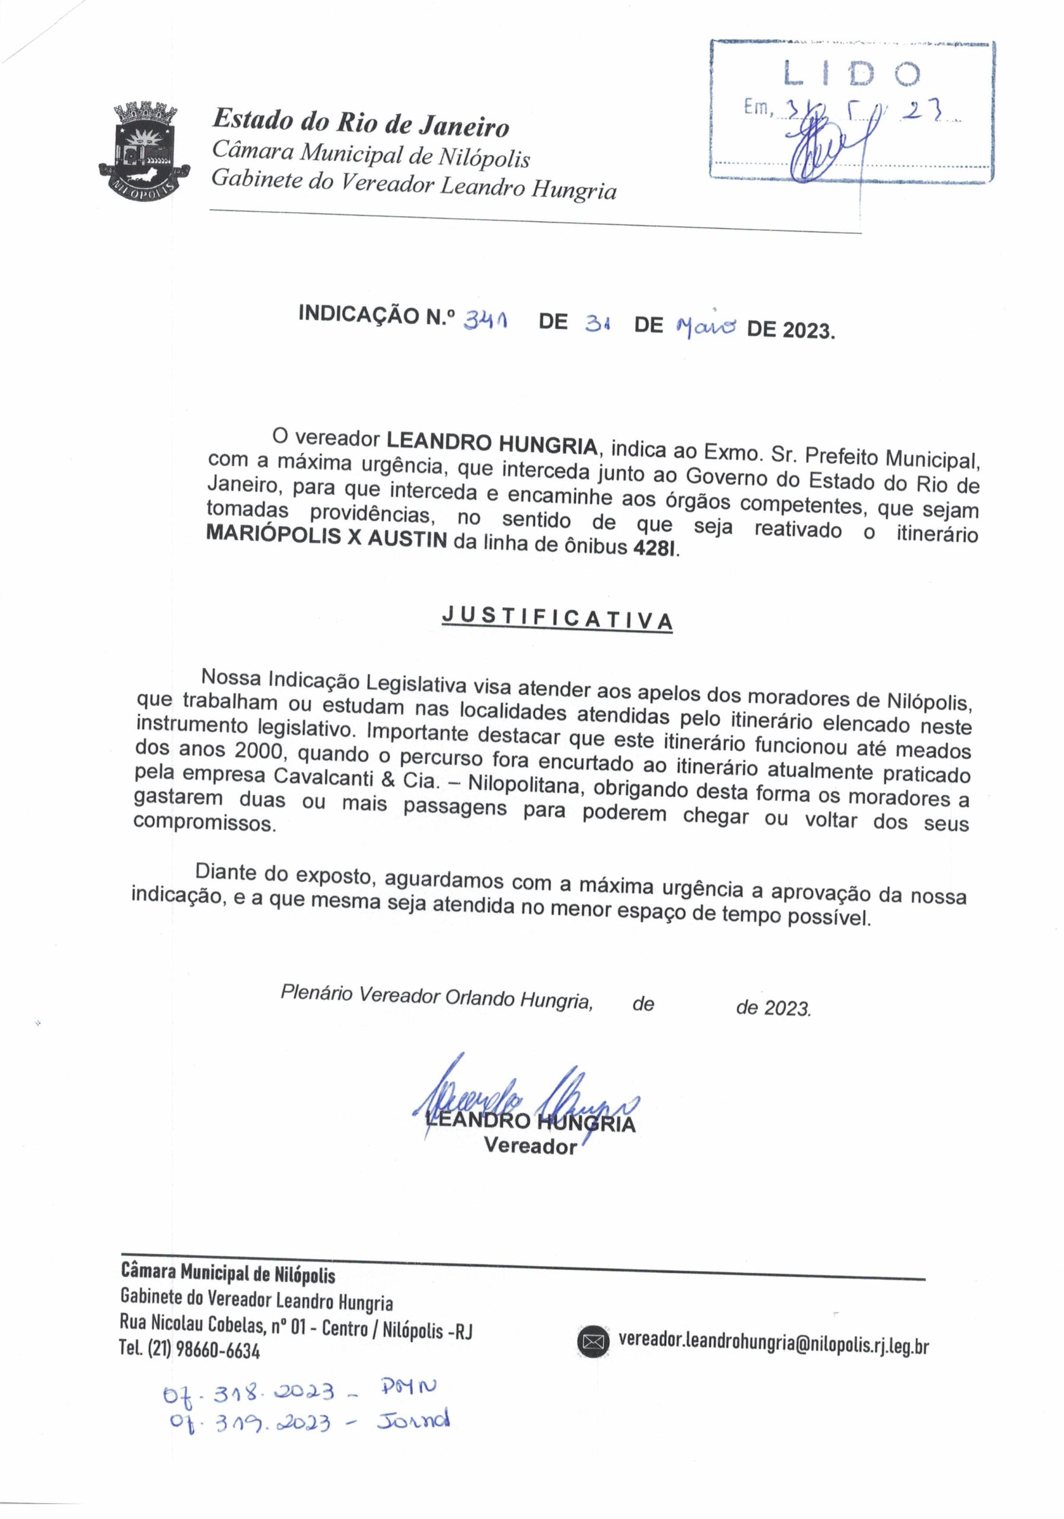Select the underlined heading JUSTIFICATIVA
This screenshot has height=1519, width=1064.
557,619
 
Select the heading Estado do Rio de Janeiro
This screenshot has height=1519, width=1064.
361,122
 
